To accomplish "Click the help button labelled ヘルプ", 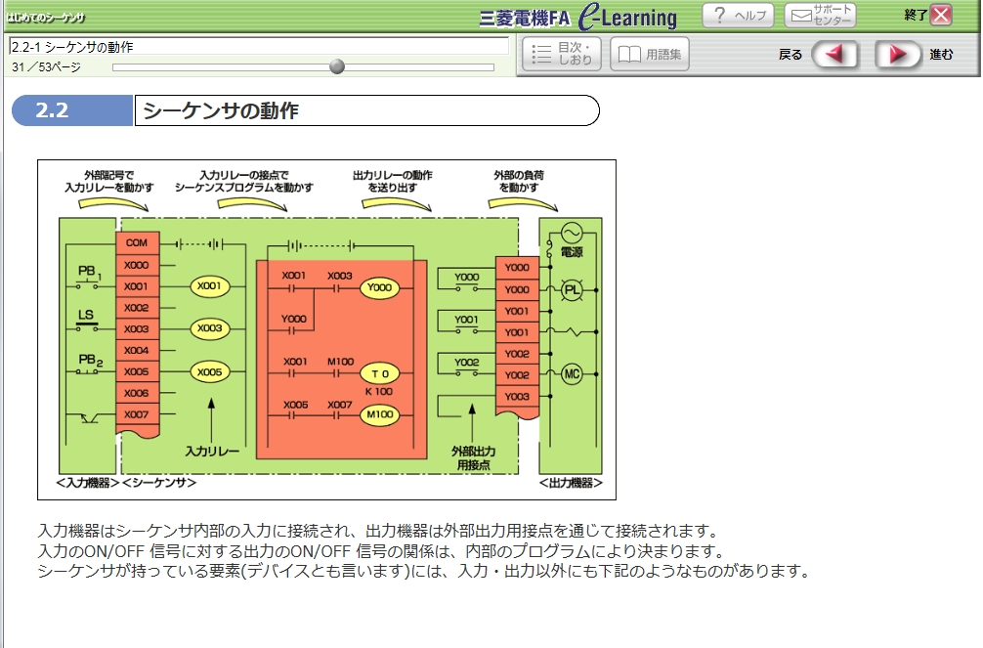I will coord(738,16).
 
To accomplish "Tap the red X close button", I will coord(940,15).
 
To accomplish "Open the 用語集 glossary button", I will coord(650,55).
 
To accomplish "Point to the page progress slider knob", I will coord(337,66).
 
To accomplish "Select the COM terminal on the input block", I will coord(136,242).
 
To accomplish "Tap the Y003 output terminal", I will coord(517,397).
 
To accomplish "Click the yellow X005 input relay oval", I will coord(209,372).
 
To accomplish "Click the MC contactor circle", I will coord(571,374).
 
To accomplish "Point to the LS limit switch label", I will coord(86,316).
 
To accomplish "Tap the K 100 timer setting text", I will coord(379,392).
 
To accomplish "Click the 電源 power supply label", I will coord(572,253).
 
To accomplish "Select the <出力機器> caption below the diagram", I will coord(571,484).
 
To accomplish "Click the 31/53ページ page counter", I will coord(46,67).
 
